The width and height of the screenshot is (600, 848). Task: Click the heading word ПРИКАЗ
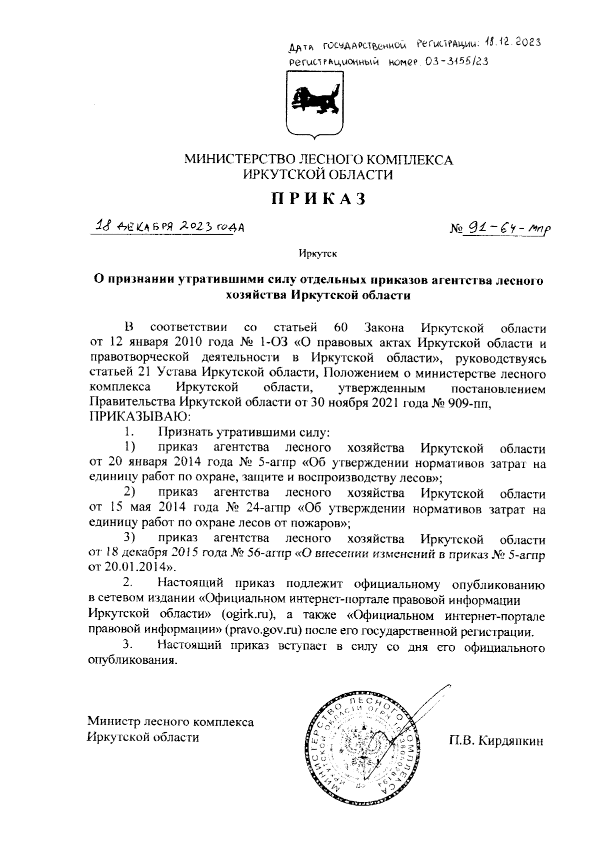click(x=319, y=199)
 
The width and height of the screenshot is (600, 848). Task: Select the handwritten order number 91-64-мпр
click(x=508, y=229)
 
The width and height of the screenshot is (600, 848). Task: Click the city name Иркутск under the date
click(x=318, y=254)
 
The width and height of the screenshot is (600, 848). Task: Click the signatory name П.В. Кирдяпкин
click(x=495, y=741)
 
